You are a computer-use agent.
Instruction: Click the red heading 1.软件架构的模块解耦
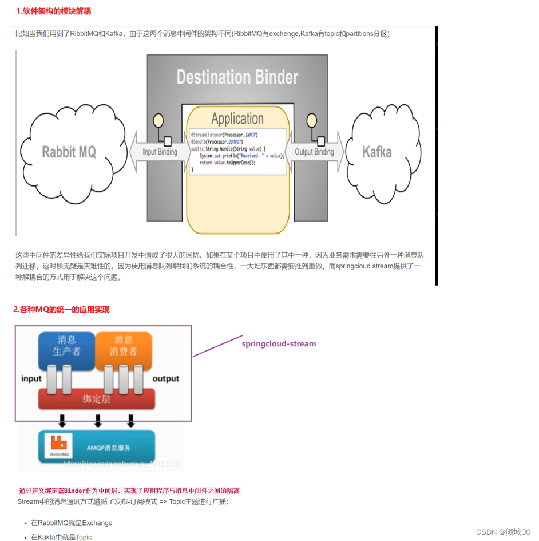[x=53, y=11]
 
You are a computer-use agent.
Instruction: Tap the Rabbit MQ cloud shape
[x=69, y=152]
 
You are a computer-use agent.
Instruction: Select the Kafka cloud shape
[x=377, y=152]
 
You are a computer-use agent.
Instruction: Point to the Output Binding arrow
[x=314, y=152]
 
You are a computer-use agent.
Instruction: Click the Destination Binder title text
[x=237, y=77]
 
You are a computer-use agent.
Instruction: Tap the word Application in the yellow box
[x=237, y=119]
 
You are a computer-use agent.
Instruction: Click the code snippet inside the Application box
[x=237, y=151]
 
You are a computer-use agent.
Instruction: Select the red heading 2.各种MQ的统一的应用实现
[x=61, y=310]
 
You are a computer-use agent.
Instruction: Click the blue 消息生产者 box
[x=66, y=346]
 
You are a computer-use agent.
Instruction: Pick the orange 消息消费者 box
[x=123, y=346]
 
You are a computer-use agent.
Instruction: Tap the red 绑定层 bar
[x=96, y=399]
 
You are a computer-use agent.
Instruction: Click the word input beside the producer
[x=31, y=378]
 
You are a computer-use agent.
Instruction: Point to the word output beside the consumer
[x=165, y=378]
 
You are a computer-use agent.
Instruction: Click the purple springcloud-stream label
[x=279, y=343]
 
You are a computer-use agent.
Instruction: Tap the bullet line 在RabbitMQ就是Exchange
[x=72, y=523]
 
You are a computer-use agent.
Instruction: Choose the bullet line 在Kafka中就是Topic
[x=61, y=537]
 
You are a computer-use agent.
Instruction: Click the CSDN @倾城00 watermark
[x=503, y=532]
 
